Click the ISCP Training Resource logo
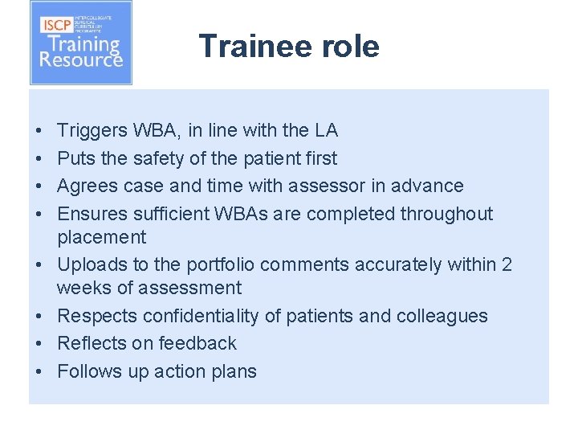(x=81, y=43)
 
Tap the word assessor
(x=332, y=186)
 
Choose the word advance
(x=429, y=186)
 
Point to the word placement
(x=101, y=237)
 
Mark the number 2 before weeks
(x=506, y=264)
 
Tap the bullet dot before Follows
(x=39, y=371)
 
